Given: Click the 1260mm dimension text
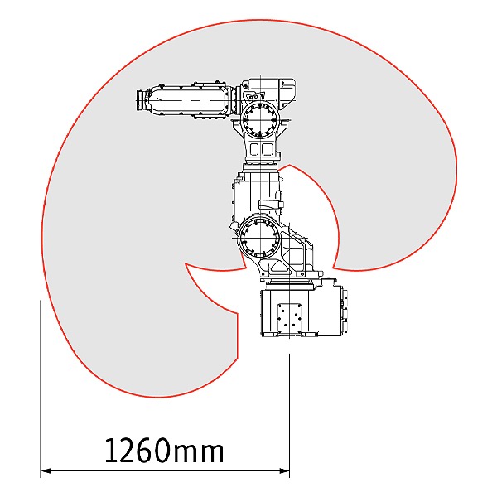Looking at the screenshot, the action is click(x=164, y=450).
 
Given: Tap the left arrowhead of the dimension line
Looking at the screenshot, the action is click(x=46, y=471).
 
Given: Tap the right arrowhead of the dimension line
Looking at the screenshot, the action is click(x=284, y=471).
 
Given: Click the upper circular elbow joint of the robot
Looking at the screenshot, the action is click(x=260, y=119).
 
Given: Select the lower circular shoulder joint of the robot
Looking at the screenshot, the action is click(x=259, y=238).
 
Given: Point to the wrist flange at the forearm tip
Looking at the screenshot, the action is click(x=140, y=100).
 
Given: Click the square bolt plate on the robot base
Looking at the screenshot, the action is click(x=289, y=319).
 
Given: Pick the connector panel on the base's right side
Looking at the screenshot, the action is click(x=345, y=311).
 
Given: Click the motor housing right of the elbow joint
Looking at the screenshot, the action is click(x=287, y=93).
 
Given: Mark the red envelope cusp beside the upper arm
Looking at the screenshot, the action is click(x=289, y=165).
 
